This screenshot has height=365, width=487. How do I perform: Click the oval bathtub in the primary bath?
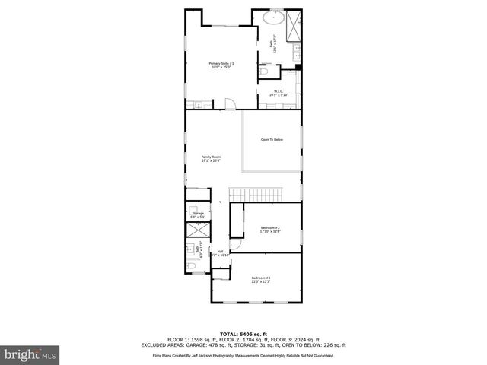click(272, 17)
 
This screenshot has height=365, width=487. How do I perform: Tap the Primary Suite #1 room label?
click(222, 65)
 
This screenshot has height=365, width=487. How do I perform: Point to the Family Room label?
click(211, 158)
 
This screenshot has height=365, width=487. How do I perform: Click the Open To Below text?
click(272, 140)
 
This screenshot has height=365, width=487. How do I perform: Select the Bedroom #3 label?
click(271, 229)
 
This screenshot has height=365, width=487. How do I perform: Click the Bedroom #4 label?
click(261, 280)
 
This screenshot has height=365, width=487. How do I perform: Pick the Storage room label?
click(198, 215)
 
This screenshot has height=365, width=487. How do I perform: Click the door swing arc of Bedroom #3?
click(237, 244)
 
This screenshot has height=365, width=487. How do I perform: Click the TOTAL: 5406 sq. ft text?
click(243, 333)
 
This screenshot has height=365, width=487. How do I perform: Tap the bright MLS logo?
click(29, 354)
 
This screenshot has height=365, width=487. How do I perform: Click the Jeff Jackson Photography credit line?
click(243, 355)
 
